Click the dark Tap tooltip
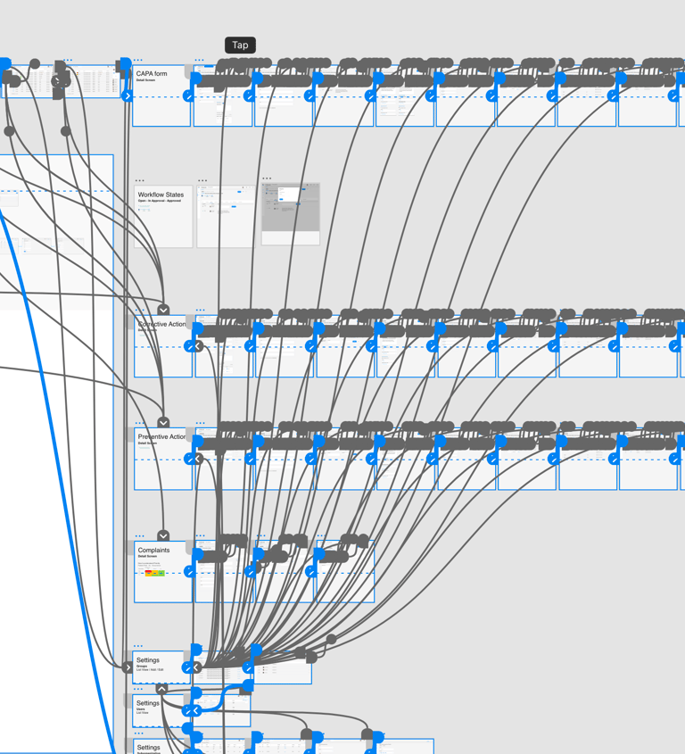pyautogui.click(x=240, y=45)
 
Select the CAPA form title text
pyautogui.click(x=152, y=74)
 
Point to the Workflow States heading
pyautogui.click(x=161, y=195)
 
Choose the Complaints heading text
pyautogui.click(x=153, y=551)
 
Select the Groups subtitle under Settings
pyautogui.click(x=142, y=666)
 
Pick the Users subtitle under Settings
pyautogui.click(x=141, y=709)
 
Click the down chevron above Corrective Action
pyautogui.click(x=163, y=310)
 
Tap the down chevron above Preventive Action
pyautogui.click(x=163, y=422)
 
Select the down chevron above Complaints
pyautogui.click(x=163, y=536)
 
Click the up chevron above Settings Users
pyautogui.click(x=161, y=689)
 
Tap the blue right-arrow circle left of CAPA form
pyautogui.click(x=128, y=95)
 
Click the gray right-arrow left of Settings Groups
pyautogui.click(x=127, y=667)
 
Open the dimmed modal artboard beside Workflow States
pyautogui.click(x=290, y=214)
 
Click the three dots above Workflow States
pyautogui.click(x=139, y=181)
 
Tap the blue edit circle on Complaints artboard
pyautogui.click(x=189, y=572)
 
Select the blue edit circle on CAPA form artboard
pyautogui.click(x=188, y=95)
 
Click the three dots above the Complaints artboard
pyautogui.click(x=139, y=536)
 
